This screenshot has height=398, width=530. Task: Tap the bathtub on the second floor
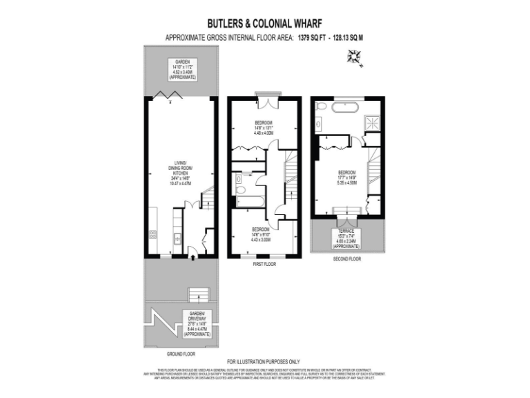pos(344,108)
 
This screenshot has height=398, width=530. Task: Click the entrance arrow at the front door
pos(192,259)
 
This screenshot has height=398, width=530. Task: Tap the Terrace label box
pos(346,238)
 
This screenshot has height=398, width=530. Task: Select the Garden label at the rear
pos(181,69)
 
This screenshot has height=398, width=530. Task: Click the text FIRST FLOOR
pos(264,264)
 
